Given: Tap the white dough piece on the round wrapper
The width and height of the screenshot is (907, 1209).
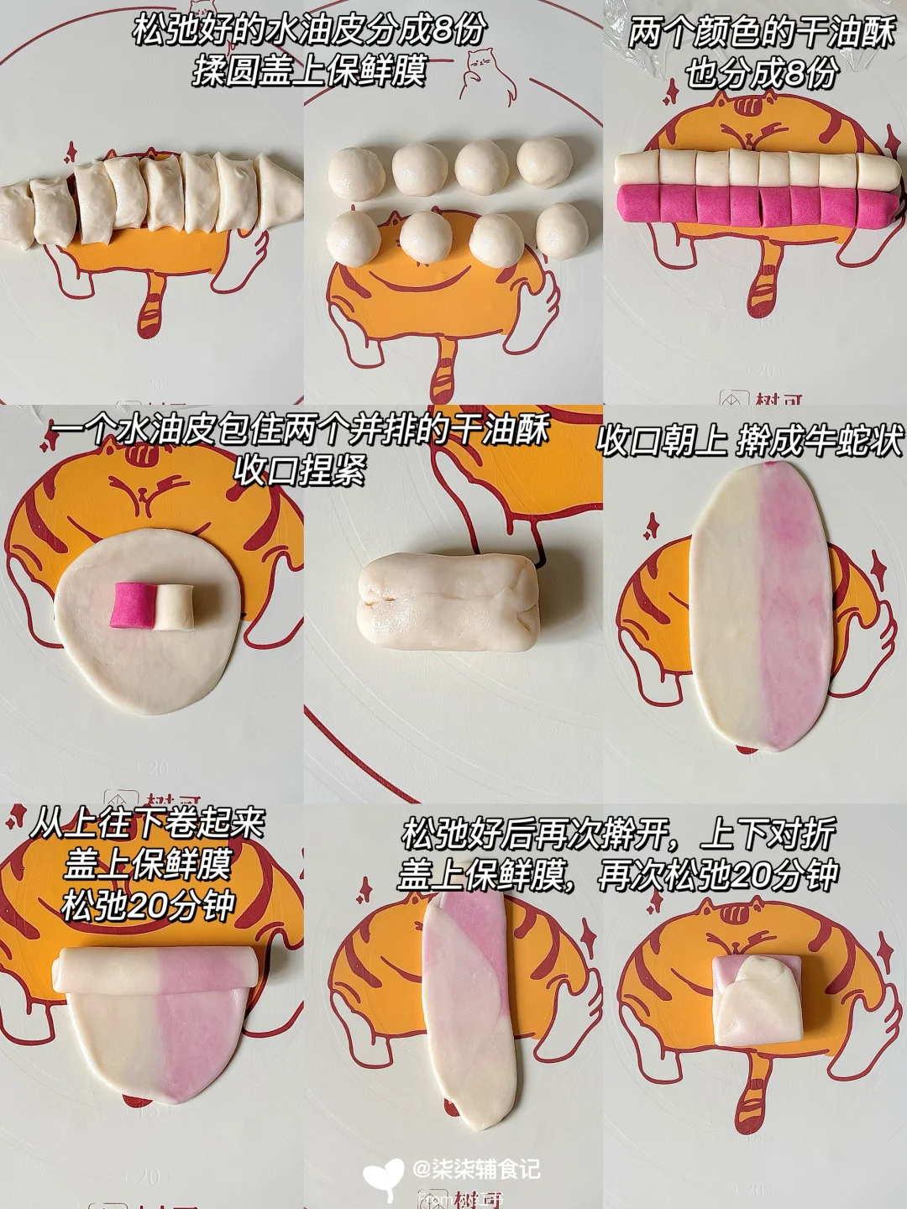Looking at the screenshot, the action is pos(173,607).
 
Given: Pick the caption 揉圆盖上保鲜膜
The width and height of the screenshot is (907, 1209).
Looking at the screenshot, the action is pos(310,71).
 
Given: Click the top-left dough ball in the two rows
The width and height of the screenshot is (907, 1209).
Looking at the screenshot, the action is pos(357,173).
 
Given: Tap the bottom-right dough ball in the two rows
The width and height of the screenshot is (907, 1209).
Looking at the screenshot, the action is pos(562,231).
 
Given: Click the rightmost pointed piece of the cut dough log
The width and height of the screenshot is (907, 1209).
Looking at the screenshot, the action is pos(280,191).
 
